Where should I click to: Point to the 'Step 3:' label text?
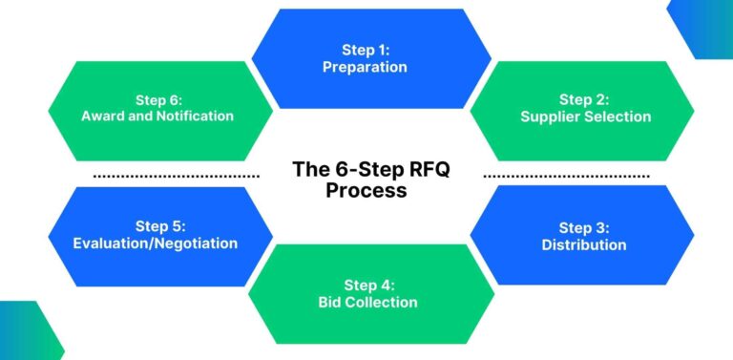click(x=583, y=227)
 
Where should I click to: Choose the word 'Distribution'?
click(x=583, y=244)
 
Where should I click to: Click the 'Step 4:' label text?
click(x=367, y=285)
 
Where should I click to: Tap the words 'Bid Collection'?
click(x=367, y=302)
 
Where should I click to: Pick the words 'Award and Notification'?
click(x=157, y=116)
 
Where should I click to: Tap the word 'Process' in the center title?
click(x=366, y=191)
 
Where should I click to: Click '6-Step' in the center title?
click(x=358, y=170)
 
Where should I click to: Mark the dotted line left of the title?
click(x=177, y=177)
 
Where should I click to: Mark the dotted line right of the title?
click(x=567, y=177)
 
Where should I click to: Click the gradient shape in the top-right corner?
click(x=704, y=27)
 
